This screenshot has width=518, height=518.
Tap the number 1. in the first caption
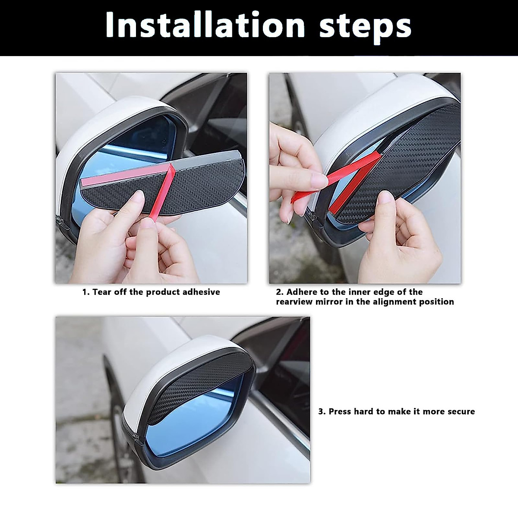(x=86, y=292)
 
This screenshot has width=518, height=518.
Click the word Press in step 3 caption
(x=341, y=411)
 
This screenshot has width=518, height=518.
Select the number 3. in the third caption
(x=322, y=411)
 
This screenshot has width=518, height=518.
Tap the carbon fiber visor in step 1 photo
(x=129, y=190)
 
